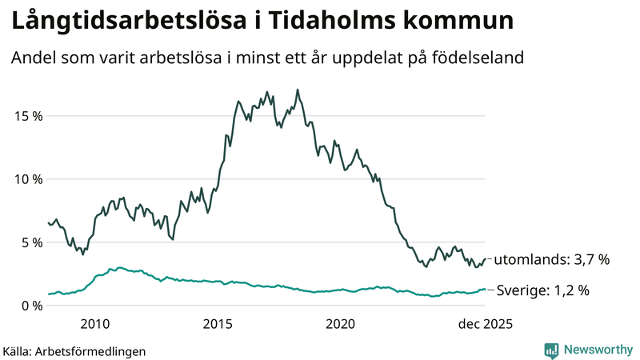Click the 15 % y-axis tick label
coord(26,115)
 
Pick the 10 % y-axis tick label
coord(26,178)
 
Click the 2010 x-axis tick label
coord(94,324)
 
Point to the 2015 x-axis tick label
coord(218,324)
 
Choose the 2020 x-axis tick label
coord(341,324)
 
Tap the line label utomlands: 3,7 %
coord(551,260)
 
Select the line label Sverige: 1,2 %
coord(543,291)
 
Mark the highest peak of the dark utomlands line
coord(298,90)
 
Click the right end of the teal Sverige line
coord(485,290)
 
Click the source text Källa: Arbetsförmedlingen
coord(74,350)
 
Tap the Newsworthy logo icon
coord(551,350)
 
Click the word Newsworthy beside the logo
coord(598,350)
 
